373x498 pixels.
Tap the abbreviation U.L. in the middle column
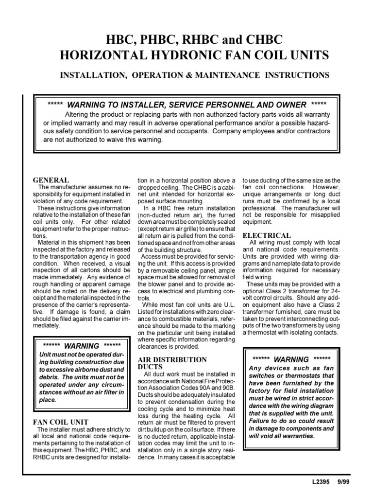[x=227, y=304]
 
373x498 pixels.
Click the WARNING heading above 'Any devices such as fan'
[x=291, y=359]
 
